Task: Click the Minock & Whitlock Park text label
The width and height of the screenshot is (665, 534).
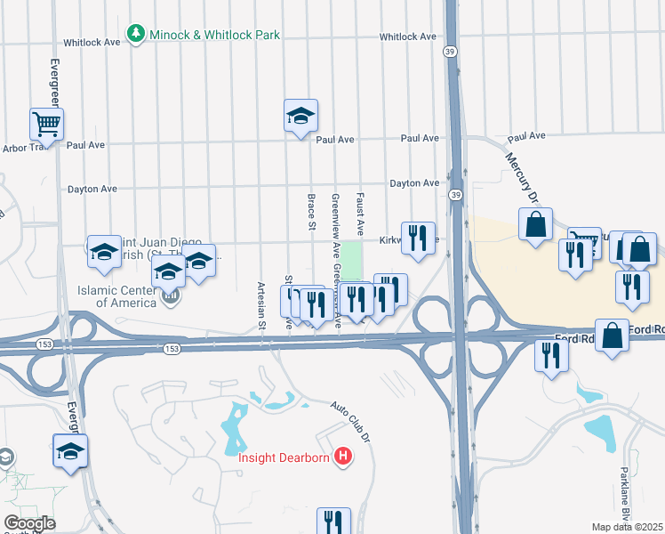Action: [x=214, y=35]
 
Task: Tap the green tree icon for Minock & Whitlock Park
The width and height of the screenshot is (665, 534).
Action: [x=135, y=34]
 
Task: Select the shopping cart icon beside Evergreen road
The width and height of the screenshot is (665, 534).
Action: [x=46, y=124]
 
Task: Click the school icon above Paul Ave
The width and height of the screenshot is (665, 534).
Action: [x=300, y=115]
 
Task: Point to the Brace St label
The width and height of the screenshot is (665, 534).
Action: [x=312, y=212]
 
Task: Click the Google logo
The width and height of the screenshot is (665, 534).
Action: [x=29, y=522]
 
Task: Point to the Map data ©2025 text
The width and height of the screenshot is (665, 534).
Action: [x=627, y=527]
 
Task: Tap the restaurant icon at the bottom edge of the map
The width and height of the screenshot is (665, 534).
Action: [x=333, y=522]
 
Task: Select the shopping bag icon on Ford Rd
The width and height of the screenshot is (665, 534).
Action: [x=612, y=336]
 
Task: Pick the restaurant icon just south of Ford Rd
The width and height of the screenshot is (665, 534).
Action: [x=551, y=355]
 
